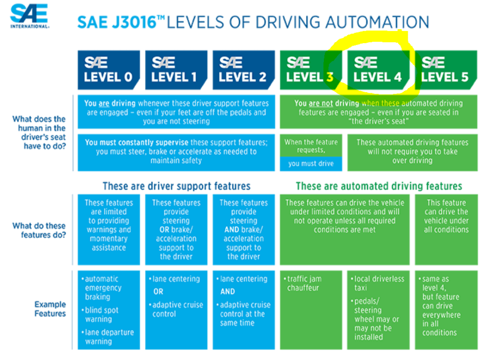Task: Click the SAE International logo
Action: point(30,16)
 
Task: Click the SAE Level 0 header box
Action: point(109,70)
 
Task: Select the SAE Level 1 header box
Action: point(176,70)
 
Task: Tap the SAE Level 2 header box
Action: point(243,70)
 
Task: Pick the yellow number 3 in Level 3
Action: point(330,77)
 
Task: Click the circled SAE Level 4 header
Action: point(378,70)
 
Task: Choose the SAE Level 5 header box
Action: point(446,70)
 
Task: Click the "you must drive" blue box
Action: point(311,164)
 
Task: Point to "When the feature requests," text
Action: point(311,146)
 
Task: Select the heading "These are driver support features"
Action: point(176,186)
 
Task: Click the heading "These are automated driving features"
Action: point(379,186)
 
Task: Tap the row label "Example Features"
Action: point(50,309)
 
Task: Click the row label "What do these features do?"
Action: point(39,230)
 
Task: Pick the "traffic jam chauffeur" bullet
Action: point(303,283)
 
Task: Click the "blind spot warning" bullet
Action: point(100,314)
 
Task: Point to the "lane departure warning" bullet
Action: point(108,337)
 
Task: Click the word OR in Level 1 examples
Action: point(158,292)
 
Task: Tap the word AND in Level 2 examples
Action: point(227,292)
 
